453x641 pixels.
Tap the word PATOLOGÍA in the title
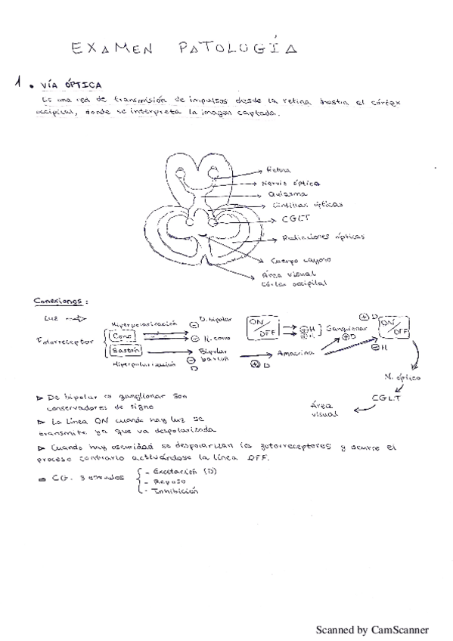236,48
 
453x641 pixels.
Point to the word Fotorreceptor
58,341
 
